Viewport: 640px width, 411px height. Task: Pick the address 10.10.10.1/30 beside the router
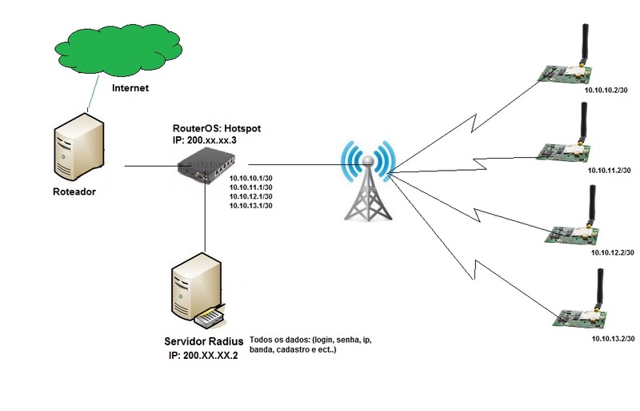(251, 178)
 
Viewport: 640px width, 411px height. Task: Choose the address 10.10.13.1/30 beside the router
(251, 206)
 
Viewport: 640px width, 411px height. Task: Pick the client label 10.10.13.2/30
(613, 340)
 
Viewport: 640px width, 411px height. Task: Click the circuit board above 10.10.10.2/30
(565, 73)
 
